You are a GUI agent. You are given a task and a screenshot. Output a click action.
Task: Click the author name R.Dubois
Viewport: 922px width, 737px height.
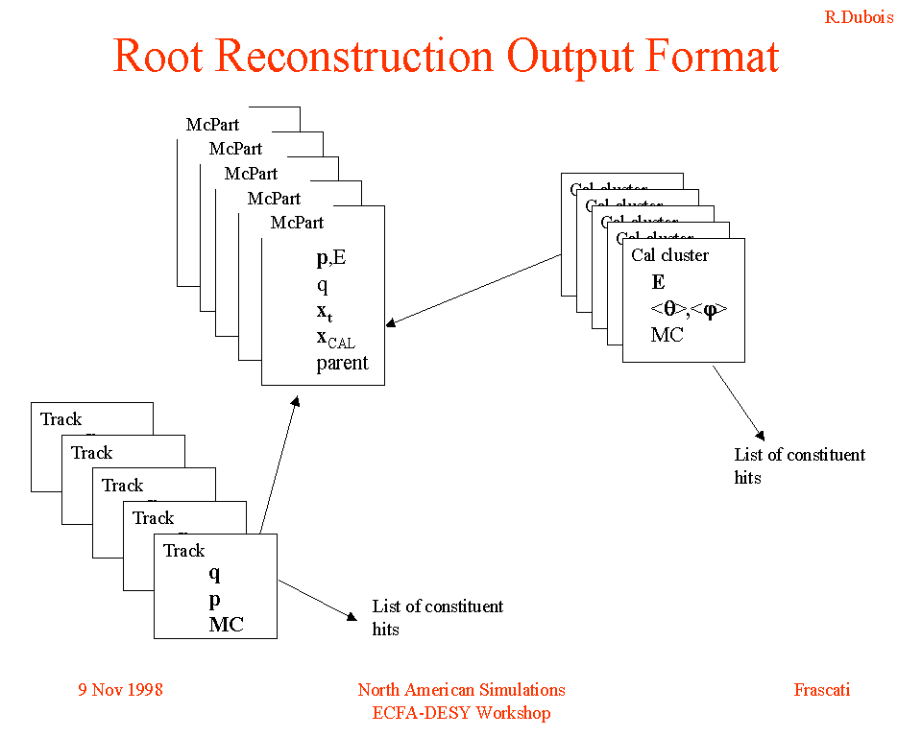click(859, 17)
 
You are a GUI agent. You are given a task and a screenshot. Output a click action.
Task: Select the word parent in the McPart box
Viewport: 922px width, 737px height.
click(342, 364)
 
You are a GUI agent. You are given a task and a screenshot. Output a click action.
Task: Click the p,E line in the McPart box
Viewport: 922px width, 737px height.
click(333, 258)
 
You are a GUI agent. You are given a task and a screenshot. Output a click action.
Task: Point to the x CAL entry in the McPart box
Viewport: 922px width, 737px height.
click(335, 337)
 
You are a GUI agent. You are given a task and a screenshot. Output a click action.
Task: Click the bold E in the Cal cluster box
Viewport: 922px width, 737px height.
click(658, 282)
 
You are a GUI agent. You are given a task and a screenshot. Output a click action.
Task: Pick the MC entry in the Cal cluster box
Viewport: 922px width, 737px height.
click(667, 335)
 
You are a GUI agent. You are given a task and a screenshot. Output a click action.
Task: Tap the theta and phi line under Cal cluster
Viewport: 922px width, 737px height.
click(689, 309)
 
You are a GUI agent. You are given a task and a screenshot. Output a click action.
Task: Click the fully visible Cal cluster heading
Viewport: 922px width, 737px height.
click(669, 255)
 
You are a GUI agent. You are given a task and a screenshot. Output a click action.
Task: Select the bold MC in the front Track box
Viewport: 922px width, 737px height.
click(227, 625)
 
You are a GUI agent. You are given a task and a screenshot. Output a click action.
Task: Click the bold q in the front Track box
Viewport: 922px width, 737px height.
click(214, 573)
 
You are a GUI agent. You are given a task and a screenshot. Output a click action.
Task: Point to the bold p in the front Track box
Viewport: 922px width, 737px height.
click(214, 599)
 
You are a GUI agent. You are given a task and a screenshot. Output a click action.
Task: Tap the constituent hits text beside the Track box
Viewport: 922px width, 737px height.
click(437, 617)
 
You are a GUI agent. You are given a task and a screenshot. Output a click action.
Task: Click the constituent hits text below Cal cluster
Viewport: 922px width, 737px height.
click(799, 465)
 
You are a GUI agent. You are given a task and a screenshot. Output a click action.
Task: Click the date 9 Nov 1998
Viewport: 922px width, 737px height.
click(120, 689)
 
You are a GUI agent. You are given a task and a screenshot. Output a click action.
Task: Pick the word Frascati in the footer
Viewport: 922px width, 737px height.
click(821, 689)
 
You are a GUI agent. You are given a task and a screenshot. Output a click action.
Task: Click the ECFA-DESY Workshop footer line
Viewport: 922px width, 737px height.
click(461, 712)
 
